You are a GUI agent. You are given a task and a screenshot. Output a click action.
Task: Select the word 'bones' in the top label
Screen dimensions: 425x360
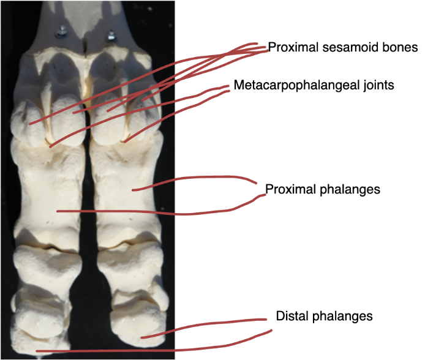coord(386,48)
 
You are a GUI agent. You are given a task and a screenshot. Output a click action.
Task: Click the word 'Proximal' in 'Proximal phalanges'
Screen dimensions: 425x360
coord(288,189)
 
